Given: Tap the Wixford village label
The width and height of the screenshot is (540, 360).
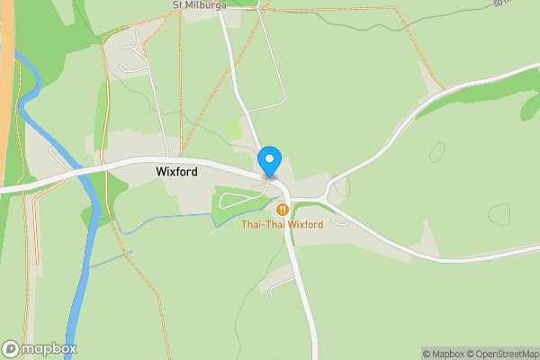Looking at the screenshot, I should point(177,170).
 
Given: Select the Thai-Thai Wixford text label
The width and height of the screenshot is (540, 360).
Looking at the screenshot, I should point(282,224).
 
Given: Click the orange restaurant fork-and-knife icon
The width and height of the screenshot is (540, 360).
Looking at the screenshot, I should point(282,210).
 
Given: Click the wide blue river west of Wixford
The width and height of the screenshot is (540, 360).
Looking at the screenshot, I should point(90,198).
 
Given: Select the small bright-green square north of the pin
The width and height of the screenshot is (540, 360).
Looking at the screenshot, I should point(234,130).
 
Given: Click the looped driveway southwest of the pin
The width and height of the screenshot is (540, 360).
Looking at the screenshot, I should point(236,199).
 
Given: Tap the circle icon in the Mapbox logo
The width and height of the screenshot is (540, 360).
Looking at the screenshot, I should point(12,348).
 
